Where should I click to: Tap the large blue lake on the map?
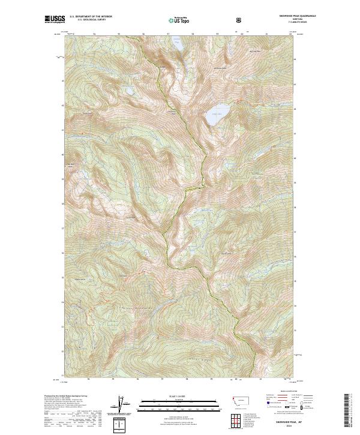click(x=217, y=117)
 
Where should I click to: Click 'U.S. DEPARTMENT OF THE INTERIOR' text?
click(x=91, y=17)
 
